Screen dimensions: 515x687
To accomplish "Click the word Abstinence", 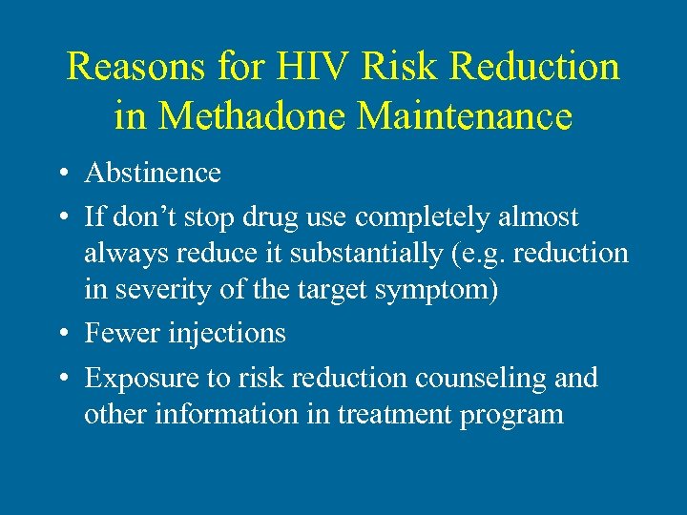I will (153, 173).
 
